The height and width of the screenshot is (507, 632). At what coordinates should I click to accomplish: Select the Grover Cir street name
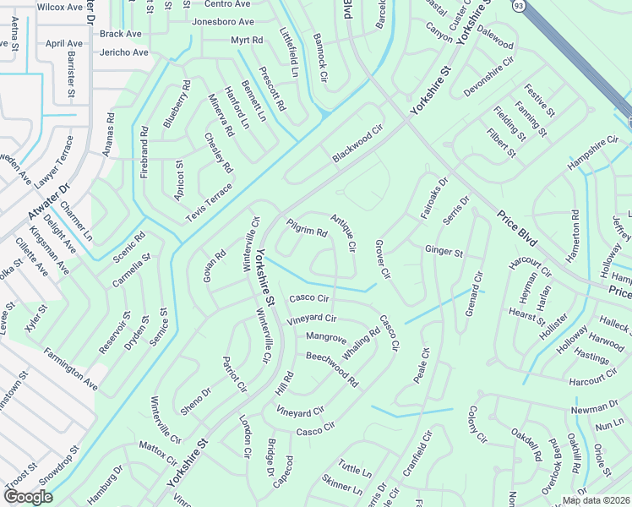(382, 259)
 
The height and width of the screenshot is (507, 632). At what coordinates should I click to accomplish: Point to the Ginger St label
(444, 251)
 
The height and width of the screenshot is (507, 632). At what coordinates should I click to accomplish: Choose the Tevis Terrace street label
(208, 201)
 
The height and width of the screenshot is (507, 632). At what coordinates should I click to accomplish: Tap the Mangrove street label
(326, 338)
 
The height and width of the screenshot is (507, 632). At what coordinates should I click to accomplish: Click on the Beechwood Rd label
(332, 368)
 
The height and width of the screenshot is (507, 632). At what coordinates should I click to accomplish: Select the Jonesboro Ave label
(223, 22)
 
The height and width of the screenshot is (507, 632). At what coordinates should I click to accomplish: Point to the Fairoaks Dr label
(433, 199)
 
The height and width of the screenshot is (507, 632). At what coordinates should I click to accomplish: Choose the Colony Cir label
(477, 424)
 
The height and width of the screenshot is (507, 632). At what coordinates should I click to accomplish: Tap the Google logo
(28, 496)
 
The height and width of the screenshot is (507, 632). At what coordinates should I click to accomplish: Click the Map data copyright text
(595, 500)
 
